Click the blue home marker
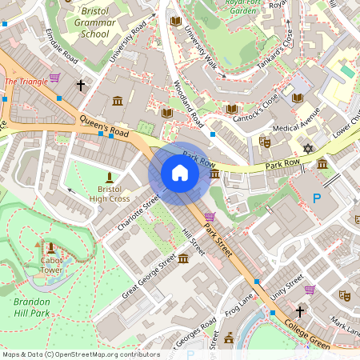coord(180,173)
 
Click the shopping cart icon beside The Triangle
coord(54,78)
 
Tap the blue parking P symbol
coord(317,198)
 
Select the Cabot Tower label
coord(51,265)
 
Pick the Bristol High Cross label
coord(110,193)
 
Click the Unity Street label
coord(286,286)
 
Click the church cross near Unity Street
coord(300,311)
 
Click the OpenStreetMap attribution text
coord(80,354)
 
